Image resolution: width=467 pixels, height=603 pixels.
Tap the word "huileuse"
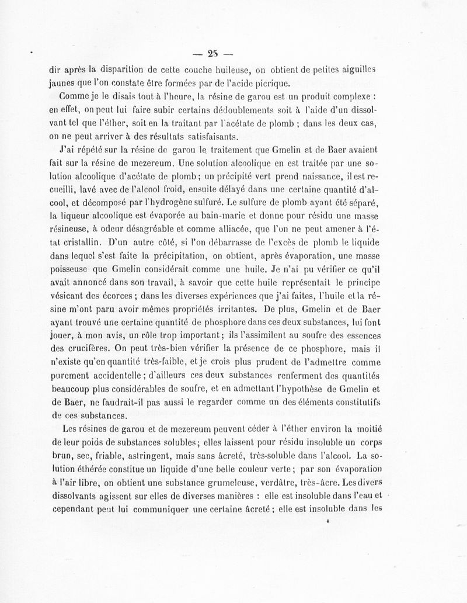tap(232, 71)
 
